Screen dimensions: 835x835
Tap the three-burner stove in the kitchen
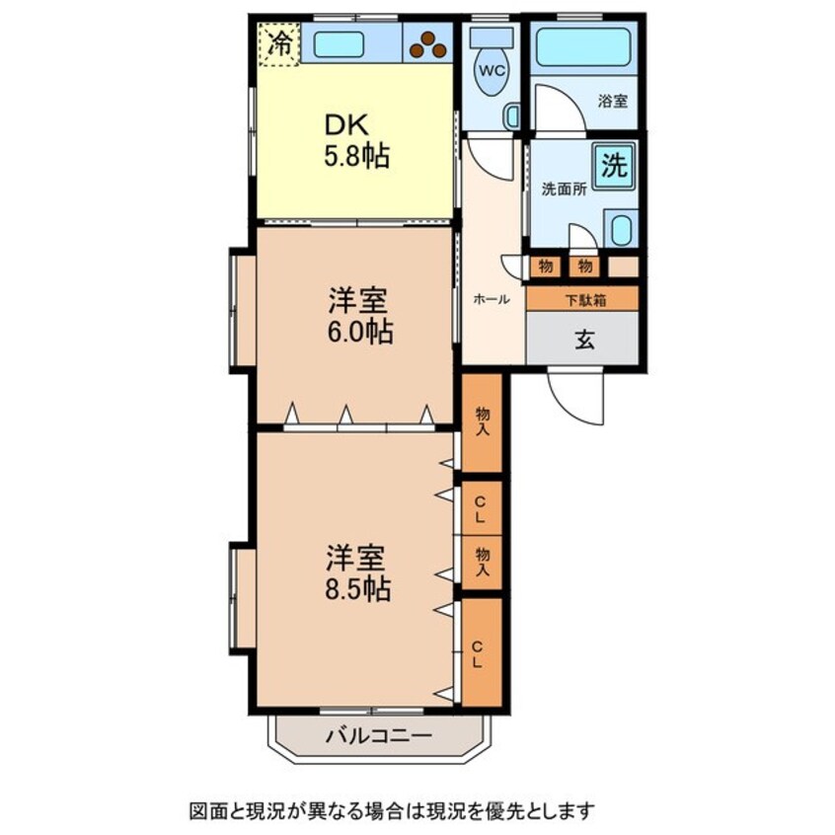(428, 42)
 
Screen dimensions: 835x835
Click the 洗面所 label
(564, 190)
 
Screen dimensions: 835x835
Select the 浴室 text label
(612, 101)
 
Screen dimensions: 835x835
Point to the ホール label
(491, 299)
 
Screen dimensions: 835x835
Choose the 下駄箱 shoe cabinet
(583, 299)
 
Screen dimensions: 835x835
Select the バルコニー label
(378, 735)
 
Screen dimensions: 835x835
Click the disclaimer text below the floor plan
(392, 811)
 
